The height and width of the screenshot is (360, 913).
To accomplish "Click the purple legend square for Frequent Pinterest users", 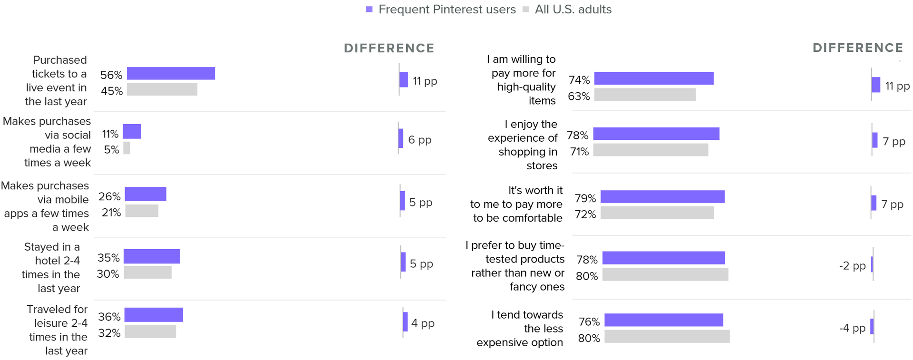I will pos(369,10).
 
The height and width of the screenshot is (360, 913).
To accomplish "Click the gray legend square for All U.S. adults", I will pos(525,10).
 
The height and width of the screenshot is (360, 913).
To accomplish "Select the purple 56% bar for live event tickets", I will pos(171,73).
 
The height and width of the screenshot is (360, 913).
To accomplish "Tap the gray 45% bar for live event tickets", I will pos(162,89).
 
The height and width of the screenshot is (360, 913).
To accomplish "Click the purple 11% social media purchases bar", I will pos(132,131).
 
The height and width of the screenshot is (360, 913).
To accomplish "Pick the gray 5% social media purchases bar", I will pos(126,148).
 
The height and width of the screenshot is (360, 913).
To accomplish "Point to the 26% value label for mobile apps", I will pos(109,196).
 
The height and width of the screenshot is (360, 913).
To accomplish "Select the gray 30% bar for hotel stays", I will pos(147,272).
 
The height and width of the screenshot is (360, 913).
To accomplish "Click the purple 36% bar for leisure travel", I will pos(154,315).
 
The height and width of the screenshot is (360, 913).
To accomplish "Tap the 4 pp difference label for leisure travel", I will pos(423,323).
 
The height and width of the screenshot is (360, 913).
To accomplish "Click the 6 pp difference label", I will pos(420,140).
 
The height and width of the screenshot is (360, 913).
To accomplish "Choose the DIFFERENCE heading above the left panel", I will pos(389,48).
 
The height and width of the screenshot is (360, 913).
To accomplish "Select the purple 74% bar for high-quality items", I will pos(654,78).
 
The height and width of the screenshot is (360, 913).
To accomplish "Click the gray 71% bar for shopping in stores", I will pos(651,150).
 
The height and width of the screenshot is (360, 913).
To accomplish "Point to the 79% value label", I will pos(585,198).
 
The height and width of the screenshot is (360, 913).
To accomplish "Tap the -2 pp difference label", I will pos(852,266).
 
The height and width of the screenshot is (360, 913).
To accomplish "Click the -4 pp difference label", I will pos(852,328).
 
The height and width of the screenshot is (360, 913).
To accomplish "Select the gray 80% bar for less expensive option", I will pos(667,337).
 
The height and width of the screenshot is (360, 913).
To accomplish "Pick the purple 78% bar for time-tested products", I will pos(663,258).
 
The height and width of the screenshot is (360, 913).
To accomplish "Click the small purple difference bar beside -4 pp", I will pos(872,327).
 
